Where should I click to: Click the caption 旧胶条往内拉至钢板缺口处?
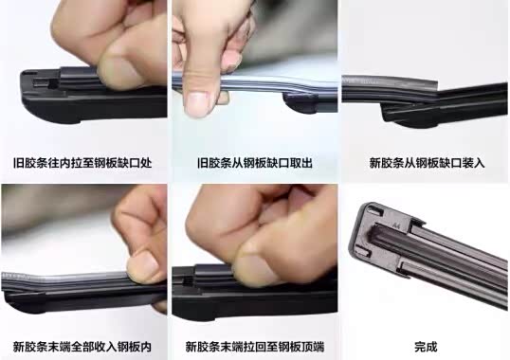(82, 162)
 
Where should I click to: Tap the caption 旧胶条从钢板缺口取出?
(255, 162)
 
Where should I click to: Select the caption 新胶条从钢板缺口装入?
(427, 162)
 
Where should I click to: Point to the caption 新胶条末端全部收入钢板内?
(82, 347)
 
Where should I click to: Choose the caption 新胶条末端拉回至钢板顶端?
(255, 347)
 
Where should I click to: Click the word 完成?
(426, 347)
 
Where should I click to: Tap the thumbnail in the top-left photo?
(118, 70)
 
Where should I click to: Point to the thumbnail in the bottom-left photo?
(141, 265)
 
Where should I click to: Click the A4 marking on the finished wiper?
(396, 225)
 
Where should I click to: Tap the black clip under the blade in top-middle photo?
(301, 103)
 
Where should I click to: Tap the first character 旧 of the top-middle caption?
(202, 162)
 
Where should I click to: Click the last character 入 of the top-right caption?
(480, 162)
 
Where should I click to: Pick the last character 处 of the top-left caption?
(146, 162)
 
